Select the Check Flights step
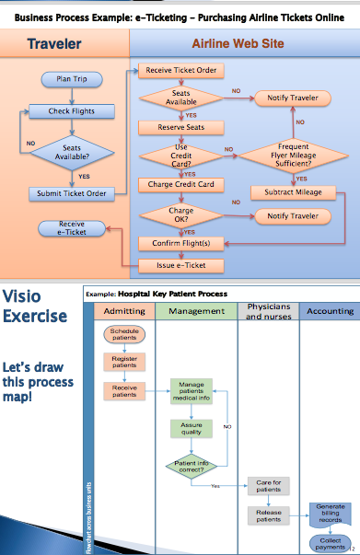point(71,111)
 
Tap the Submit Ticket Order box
point(71,193)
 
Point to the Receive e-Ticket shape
point(71,226)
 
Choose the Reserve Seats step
point(180,127)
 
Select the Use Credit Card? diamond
point(180,155)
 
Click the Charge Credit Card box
point(180,184)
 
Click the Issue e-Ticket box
point(180,266)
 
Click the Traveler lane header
point(53,43)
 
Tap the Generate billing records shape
point(330,513)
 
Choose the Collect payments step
point(329,542)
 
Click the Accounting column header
point(329,311)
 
